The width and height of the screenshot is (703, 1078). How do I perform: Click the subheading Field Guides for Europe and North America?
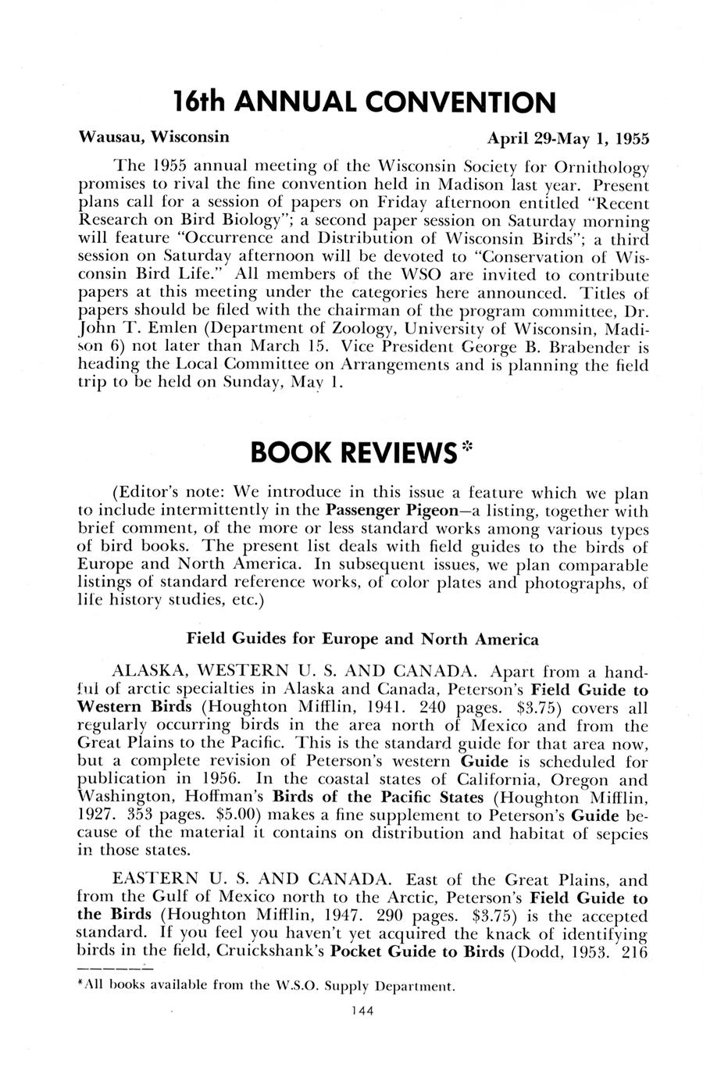click(362, 639)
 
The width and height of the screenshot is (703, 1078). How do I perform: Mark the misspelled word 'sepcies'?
click(620, 833)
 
